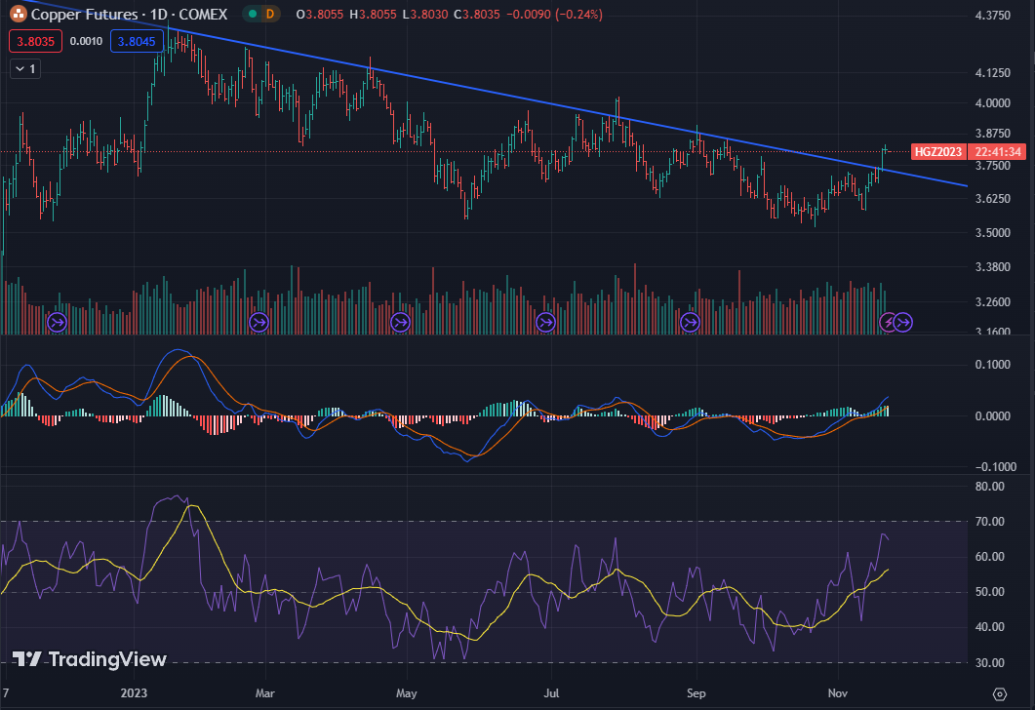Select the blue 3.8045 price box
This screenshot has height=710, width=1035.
135,41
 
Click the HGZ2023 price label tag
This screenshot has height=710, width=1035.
938,151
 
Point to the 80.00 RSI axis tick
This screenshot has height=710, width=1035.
990,487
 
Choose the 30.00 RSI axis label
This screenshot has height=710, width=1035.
990,663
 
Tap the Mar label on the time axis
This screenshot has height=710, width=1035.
263,694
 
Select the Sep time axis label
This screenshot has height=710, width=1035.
696,694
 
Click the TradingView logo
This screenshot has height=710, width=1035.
90,659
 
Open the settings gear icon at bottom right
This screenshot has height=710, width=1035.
999,693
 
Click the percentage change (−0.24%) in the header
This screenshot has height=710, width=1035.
577,15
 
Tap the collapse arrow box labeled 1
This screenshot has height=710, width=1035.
24,68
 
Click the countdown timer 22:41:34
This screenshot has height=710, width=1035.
996,151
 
